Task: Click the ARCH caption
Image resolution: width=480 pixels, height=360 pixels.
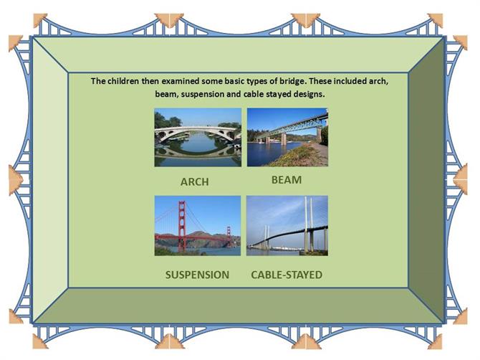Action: [x=195, y=181]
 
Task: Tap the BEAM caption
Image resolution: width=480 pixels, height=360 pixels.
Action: [x=287, y=180]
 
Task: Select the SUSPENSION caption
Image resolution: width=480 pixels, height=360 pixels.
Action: [x=197, y=275]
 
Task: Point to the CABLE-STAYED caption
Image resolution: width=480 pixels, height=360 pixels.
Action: [x=287, y=275]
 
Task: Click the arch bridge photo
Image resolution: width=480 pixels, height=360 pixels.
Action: [x=198, y=137]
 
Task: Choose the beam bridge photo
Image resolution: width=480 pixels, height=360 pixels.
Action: [x=287, y=137]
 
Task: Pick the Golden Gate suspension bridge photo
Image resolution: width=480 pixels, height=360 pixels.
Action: [x=198, y=226]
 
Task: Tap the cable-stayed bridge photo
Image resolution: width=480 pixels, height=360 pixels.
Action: [x=287, y=226]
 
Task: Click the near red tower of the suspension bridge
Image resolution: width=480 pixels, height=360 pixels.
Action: [x=182, y=226]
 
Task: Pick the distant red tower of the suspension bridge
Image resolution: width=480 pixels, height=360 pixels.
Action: [x=229, y=236]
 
